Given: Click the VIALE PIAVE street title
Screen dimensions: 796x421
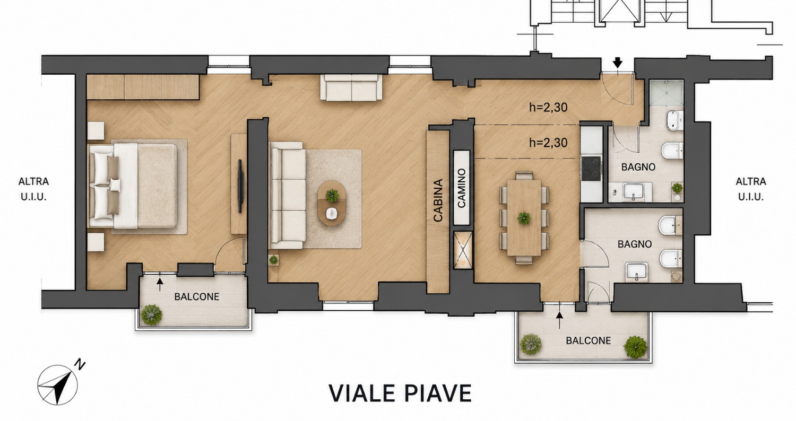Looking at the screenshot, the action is tap(400, 393).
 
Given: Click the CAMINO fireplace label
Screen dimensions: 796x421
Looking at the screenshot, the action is tap(462, 188).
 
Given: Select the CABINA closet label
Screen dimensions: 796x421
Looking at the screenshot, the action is tap(438, 200).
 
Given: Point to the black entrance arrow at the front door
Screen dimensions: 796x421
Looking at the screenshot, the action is tap(618, 63).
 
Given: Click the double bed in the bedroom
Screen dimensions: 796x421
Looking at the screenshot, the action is tap(133, 186).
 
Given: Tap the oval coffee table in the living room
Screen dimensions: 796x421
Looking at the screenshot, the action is tap(332, 204).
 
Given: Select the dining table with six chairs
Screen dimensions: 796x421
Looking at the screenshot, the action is tap(524, 217).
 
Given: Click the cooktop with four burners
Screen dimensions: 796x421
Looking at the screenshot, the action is tap(591, 169).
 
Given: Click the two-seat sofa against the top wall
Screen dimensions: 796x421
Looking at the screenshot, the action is tap(351, 87).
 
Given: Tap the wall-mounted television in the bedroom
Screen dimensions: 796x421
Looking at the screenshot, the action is tap(240, 186).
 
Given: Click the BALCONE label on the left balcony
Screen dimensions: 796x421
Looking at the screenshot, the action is tap(196, 297).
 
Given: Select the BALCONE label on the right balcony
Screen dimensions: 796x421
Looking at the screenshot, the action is tap(588, 341).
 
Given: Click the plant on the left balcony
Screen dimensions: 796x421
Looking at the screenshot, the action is tap(151, 314).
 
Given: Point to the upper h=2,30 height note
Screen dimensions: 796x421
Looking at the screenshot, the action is tap(548, 107).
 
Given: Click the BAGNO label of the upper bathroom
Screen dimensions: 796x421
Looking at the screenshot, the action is tap(638, 167).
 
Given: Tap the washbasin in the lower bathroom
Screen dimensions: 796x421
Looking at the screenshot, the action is tap(636, 272).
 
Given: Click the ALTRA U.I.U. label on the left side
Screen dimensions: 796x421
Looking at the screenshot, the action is tap(34, 189).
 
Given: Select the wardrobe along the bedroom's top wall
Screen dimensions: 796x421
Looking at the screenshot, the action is tap(143, 87).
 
